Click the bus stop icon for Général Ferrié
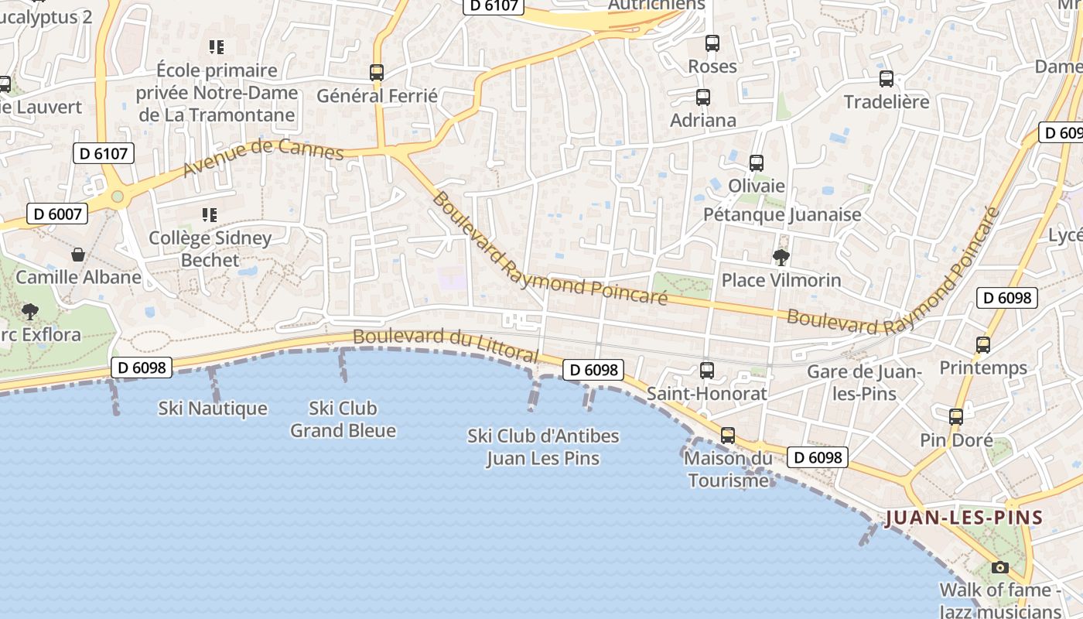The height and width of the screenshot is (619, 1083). tap(377, 73)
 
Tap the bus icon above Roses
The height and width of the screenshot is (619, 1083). tap(712, 43)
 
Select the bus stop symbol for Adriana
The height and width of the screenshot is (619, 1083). tap(702, 97)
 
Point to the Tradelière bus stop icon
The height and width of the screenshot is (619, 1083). tap(887, 79)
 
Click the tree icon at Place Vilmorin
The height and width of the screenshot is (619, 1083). tap(781, 257)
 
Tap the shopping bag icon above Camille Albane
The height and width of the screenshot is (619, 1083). tap(78, 254)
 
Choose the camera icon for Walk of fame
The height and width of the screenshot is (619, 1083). tap(999, 567)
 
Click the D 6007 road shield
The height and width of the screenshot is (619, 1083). tap(57, 214)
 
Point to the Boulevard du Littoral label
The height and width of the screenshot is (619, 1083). tap(446, 345)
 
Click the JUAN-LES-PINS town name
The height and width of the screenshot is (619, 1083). tap(964, 518)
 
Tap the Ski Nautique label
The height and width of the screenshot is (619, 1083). tap(213, 408)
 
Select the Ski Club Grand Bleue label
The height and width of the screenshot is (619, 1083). tap(343, 419)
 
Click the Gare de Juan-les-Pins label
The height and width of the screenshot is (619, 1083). tap(864, 382)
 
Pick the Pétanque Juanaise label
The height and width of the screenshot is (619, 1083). tap(782, 214)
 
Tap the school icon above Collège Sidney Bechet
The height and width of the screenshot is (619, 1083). tap(210, 214)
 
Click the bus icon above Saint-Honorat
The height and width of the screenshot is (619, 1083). tap(706, 371)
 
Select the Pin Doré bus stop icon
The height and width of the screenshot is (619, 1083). tap(956, 417)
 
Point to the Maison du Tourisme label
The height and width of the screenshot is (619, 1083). tap(728, 469)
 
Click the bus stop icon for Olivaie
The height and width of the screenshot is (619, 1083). tap(757, 163)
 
